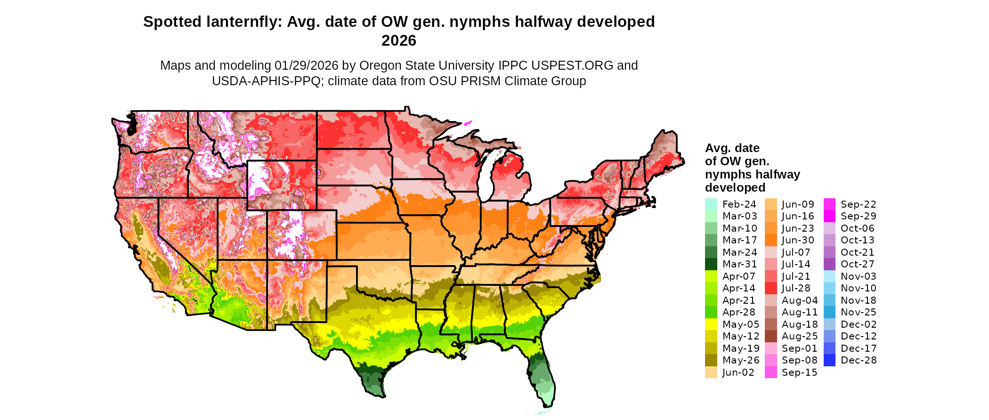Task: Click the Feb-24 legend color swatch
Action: coord(711,204)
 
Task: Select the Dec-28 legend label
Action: coord(859,360)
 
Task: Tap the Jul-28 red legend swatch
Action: coord(770,288)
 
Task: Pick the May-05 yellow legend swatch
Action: coord(711,324)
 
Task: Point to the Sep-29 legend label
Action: coord(858,216)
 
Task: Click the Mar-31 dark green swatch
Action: coord(711,264)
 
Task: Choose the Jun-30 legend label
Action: coord(798,240)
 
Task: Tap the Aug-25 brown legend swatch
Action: coord(770,336)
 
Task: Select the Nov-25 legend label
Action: coord(858,312)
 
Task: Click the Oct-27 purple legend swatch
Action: coord(829,264)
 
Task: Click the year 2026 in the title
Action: coord(399,40)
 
